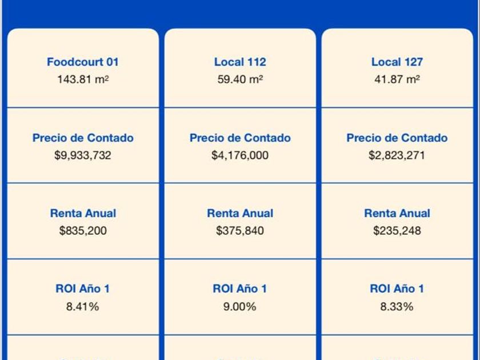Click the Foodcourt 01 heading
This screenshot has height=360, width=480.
click(x=83, y=62)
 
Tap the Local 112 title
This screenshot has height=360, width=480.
click(x=240, y=62)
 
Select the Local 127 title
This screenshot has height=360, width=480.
click(x=397, y=62)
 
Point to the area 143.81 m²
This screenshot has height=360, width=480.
click(x=83, y=79)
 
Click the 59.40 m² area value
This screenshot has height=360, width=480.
click(x=240, y=79)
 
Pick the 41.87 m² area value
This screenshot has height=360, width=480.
click(x=397, y=79)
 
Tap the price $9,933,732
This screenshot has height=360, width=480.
click(x=83, y=155)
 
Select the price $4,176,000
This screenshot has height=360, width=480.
click(x=240, y=155)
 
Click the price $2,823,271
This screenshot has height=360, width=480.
click(x=397, y=155)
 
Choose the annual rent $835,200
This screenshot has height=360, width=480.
click(x=83, y=231)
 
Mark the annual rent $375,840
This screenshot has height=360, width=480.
click(x=240, y=231)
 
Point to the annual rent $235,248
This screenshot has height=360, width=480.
click(x=397, y=231)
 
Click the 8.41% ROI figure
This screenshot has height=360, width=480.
click(x=83, y=306)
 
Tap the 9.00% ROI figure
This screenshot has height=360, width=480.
click(x=240, y=306)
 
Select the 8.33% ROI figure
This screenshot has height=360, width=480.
click(x=397, y=306)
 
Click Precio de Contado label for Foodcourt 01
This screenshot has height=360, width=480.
click(x=83, y=138)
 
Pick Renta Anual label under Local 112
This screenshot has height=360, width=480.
click(x=240, y=213)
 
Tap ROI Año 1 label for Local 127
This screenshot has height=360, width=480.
click(x=397, y=289)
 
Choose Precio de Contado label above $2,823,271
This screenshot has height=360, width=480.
click(x=397, y=138)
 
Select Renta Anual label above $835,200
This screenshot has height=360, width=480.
click(x=83, y=213)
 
